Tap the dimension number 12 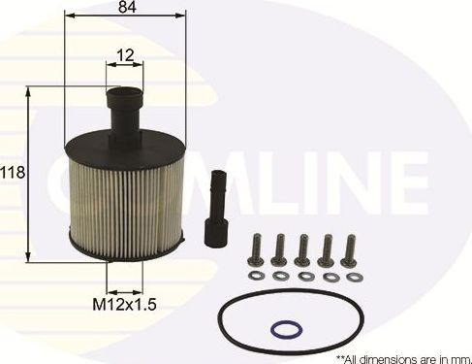(123, 55)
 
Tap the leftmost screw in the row (257, 248)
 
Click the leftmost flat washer (258, 276)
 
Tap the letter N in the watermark (385, 183)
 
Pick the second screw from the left (279, 248)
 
